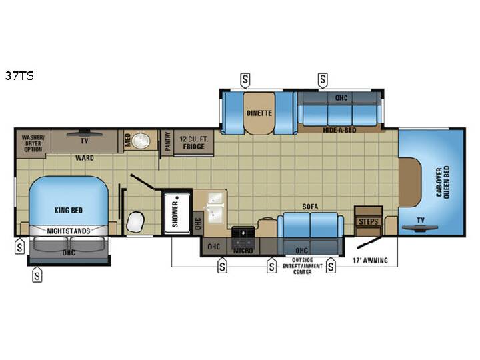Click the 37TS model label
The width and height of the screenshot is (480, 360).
click(19, 75)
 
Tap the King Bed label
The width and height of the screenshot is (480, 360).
click(69, 210)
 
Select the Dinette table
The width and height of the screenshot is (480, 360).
click(259, 113)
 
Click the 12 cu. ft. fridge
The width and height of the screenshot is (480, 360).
click(194, 143)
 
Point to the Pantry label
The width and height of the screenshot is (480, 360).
click(167, 141)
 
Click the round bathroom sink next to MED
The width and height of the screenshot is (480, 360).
click(141, 141)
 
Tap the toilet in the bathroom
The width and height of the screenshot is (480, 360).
click(135, 221)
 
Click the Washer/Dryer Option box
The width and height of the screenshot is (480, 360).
click(33, 143)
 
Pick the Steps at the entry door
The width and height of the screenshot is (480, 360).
click(368, 221)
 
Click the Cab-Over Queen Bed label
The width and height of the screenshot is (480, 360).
click(443, 183)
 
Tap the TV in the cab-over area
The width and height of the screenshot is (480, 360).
click(420, 228)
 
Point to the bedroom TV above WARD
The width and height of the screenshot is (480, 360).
click(84, 133)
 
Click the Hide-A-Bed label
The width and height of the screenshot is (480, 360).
click(339, 130)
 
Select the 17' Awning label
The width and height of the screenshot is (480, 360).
click(370, 261)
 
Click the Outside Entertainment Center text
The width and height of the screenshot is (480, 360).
click(302, 266)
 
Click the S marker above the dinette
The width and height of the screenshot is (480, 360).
click(245, 80)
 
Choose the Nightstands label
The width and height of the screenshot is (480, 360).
click(69, 231)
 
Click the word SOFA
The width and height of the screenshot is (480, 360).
click(310, 207)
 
